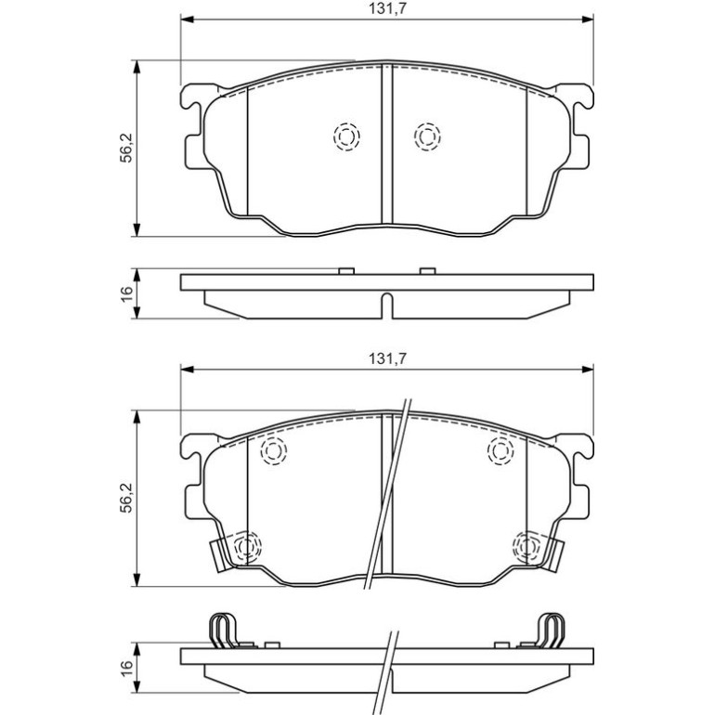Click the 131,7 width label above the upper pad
[387, 8]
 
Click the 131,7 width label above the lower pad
[387, 358]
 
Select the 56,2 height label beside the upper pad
[126, 148]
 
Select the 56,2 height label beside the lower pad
[126, 498]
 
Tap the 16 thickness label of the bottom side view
[126, 669]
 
